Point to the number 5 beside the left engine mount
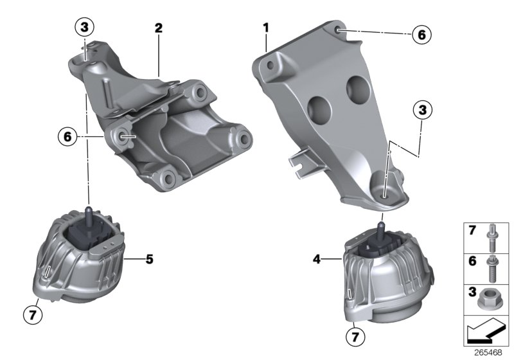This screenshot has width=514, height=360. click(149, 260)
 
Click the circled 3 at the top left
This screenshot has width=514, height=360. click(84, 28)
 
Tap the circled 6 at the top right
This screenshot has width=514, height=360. click(421, 34)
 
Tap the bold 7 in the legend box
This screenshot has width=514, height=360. click(471, 230)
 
